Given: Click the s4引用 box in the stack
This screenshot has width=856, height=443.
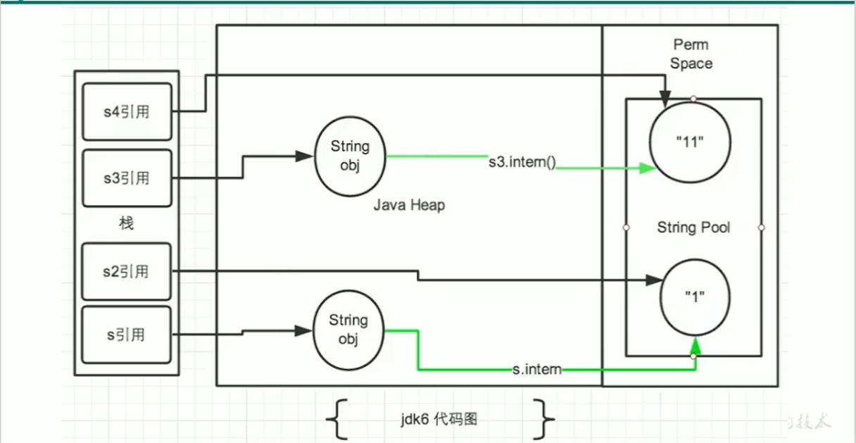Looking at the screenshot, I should tap(127, 112).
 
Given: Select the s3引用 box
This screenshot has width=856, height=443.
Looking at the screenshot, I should tap(127, 177).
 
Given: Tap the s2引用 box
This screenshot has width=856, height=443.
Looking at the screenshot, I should tap(127, 272).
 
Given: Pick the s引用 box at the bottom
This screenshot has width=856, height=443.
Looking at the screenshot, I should tap(127, 335).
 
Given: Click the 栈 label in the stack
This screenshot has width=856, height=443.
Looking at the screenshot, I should tap(126, 224).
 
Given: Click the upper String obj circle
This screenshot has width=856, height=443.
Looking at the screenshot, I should tap(350, 156).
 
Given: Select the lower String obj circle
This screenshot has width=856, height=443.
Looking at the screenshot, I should tap(348, 330).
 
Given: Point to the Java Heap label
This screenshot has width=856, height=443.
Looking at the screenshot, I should tap(409, 206).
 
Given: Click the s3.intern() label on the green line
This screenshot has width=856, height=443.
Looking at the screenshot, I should tap(522, 161).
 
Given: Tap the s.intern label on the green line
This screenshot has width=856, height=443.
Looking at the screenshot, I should tap(537, 369).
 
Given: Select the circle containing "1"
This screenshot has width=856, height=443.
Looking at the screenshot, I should tap(694, 297).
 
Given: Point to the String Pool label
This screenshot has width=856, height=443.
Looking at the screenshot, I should tap(693, 227).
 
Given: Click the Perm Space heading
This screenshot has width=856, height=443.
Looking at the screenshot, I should tap(691, 54).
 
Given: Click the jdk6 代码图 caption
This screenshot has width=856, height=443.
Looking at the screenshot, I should tap(437, 419).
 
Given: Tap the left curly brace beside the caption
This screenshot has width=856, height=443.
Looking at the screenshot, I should tap(337, 418).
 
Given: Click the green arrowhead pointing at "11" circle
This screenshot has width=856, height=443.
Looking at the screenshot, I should tap(647, 168).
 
